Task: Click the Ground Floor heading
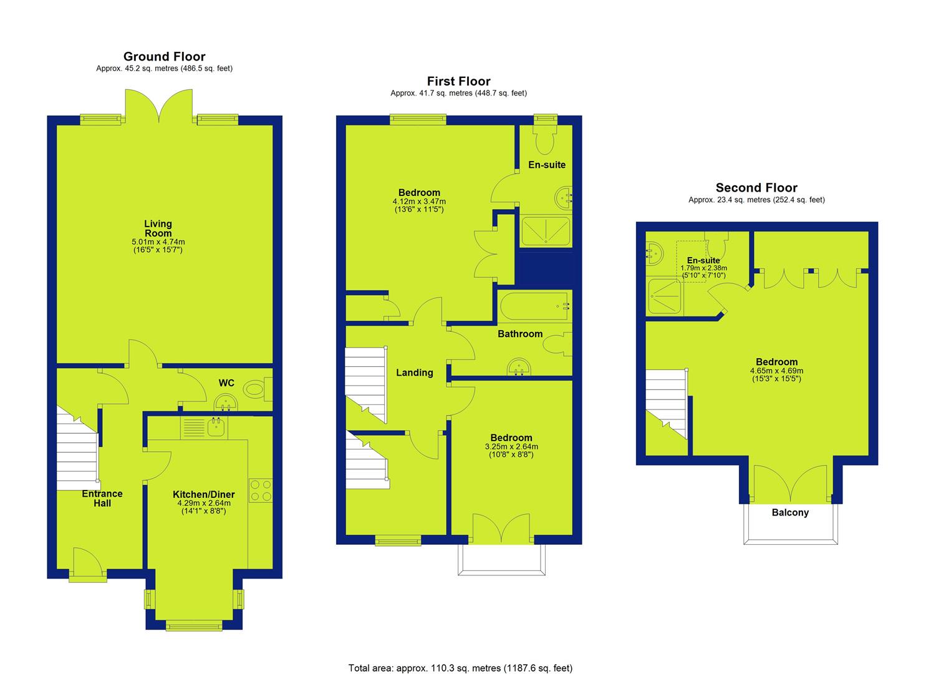pyautogui.click(x=164, y=56)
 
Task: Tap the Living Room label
pyautogui.click(x=158, y=228)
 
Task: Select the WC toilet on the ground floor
pyautogui.click(x=258, y=389)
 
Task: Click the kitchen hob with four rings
pyautogui.click(x=261, y=491)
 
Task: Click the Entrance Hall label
pyautogui.click(x=102, y=498)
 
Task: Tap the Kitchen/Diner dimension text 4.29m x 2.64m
pyautogui.click(x=204, y=503)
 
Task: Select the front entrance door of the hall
pyautogui.click(x=88, y=564)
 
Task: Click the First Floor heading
pyautogui.click(x=458, y=81)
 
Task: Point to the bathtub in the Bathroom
pyautogui.click(x=535, y=306)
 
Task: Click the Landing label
pyautogui.click(x=415, y=373)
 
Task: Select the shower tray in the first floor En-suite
pyautogui.click(x=546, y=230)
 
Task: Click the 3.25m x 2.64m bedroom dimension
pyautogui.click(x=511, y=446)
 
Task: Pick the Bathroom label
pyautogui.click(x=520, y=334)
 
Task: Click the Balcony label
pyautogui.click(x=790, y=512)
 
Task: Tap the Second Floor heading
pyautogui.click(x=756, y=188)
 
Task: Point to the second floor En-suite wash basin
pyautogui.click(x=654, y=253)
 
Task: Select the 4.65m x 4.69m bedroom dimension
pyautogui.click(x=777, y=371)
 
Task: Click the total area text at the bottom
pyautogui.click(x=460, y=656)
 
